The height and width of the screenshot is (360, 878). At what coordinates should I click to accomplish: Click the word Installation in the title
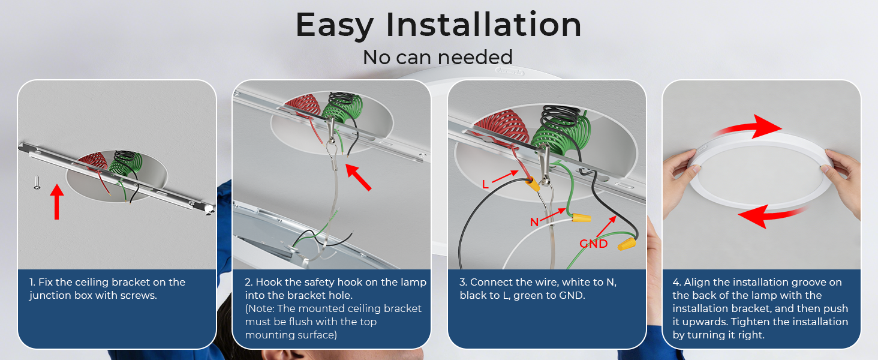tap(483, 25)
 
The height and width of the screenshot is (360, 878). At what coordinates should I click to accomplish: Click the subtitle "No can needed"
tap(438, 57)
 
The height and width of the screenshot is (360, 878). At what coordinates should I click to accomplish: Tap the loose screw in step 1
tap(37, 183)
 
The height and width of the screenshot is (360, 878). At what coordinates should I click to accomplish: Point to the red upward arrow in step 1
tap(57, 202)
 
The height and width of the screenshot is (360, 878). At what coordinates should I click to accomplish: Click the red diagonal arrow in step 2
tap(358, 177)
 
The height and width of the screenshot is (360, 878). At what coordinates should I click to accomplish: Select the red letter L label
tap(485, 184)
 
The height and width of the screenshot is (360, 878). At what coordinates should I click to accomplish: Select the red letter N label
tap(534, 223)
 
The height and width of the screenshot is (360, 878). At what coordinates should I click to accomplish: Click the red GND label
tap(594, 244)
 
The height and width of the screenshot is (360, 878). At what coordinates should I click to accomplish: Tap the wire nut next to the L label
tap(533, 183)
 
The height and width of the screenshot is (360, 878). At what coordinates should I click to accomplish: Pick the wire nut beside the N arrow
tap(581, 217)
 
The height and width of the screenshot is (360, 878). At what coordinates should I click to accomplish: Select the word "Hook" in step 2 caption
tap(267, 282)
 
